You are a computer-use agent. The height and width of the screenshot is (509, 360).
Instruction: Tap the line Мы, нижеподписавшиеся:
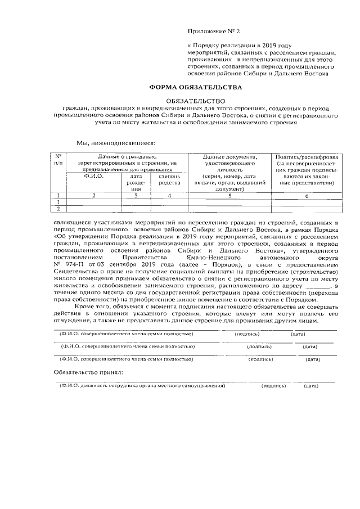point(112,142)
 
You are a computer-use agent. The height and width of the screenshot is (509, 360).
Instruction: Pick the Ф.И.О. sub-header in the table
point(93,176)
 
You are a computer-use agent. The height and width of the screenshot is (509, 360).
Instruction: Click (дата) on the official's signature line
point(310,386)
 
